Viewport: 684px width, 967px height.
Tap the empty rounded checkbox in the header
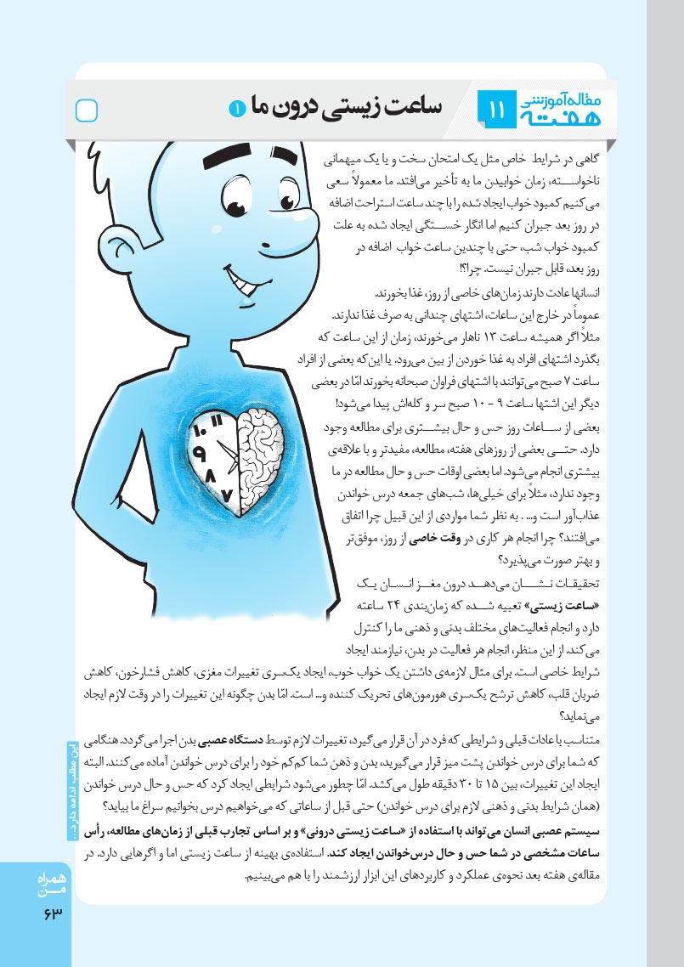tap(88, 110)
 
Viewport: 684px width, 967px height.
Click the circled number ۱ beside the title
tap(235, 107)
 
